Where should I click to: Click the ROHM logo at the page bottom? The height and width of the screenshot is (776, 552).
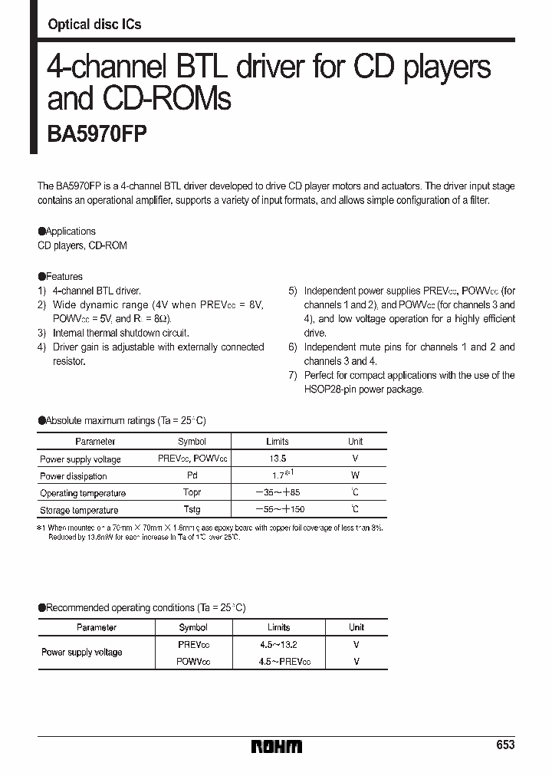pyautogui.click(x=278, y=746)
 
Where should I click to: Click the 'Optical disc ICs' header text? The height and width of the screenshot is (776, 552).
pyautogui.click(x=94, y=25)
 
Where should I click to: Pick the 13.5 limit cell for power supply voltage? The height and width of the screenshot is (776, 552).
pyautogui.click(x=278, y=459)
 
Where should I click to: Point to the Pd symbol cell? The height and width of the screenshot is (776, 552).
pyautogui.click(x=192, y=476)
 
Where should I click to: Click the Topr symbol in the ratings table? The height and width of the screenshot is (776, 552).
pyautogui.click(x=192, y=493)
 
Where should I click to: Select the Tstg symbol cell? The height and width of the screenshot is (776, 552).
pyautogui.click(x=192, y=510)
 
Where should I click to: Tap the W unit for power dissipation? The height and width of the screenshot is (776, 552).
pyautogui.click(x=355, y=475)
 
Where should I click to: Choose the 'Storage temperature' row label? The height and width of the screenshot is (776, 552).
pyautogui.click(x=79, y=510)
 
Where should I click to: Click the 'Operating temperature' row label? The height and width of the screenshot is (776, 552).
pyautogui.click(x=82, y=493)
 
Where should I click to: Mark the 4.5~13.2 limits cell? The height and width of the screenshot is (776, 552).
pyautogui.click(x=278, y=645)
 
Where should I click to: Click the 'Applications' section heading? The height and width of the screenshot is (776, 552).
pyautogui.click(x=71, y=231)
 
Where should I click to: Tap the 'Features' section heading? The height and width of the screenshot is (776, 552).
pyautogui.click(x=64, y=276)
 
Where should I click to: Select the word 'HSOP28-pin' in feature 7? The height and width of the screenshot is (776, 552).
pyautogui.click(x=329, y=390)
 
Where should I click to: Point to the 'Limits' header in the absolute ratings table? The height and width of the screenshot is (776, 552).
pyautogui.click(x=278, y=442)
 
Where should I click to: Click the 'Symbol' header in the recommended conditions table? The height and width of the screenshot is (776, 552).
pyautogui.click(x=192, y=627)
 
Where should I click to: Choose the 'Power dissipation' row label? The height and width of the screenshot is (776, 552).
pyautogui.click(x=74, y=476)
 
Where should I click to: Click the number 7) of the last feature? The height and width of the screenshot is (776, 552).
pyautogui.click(x=293, y=375)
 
